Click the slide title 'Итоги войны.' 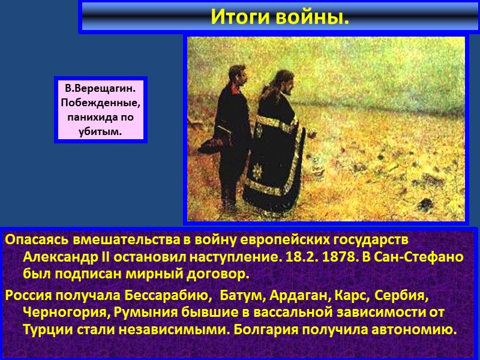point(280,17)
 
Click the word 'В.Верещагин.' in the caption point(100,88)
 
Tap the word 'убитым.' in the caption point(100,130)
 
